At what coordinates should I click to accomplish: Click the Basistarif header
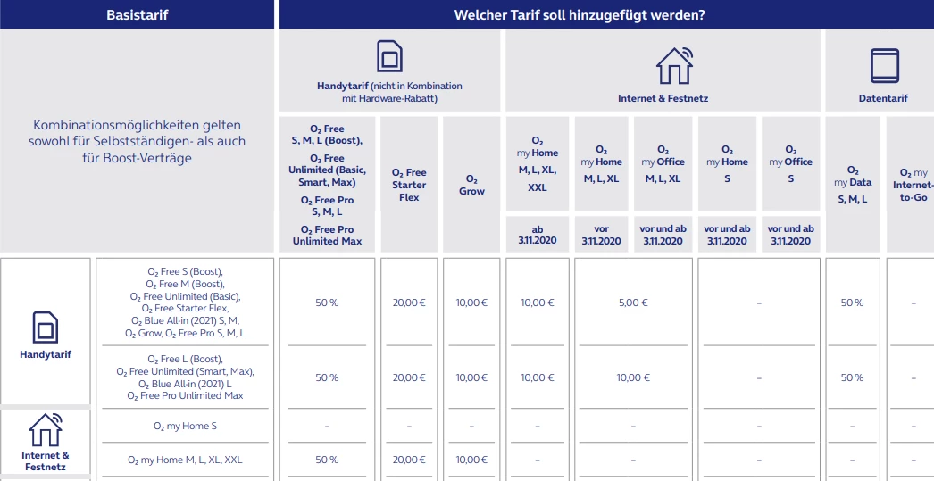coord(137,14)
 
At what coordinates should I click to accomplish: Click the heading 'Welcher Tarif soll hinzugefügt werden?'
coord(605,14)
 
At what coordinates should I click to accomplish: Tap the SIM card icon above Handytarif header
coord(389,58)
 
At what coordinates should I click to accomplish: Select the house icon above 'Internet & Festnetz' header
coord(673,65)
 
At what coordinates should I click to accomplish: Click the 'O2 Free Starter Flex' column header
coord(409,185)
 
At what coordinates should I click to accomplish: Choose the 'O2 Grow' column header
coord(471,185)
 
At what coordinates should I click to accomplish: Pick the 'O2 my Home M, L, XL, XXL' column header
coord(538,164)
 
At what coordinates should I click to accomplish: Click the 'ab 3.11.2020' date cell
coord(538,235)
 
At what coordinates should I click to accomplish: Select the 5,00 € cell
coord(633,303)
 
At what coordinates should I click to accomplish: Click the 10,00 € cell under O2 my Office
coord(633,377)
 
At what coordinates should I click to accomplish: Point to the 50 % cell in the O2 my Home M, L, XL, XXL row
coord(327,460)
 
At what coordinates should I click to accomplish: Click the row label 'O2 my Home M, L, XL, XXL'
coord(184,460)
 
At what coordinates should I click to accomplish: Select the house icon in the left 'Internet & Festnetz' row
coord(46,430)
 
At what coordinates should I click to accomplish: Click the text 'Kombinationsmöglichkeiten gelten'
coord(137,125)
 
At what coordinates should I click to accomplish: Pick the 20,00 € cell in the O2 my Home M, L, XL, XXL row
coord(409,460)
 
